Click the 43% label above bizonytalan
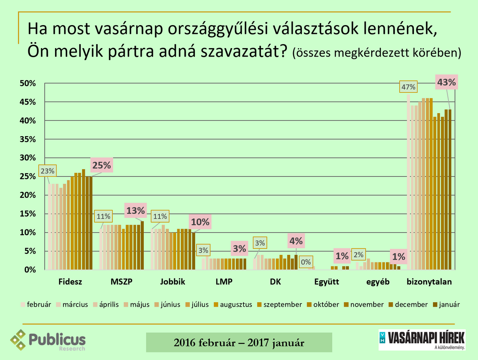pyautogui.click(x=446, y=82)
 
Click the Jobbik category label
pyautogui.click(x=172, y=282)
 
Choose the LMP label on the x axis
pyautogui.click(x=224, y=282)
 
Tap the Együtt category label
pyautogui.click(x=327, y=282)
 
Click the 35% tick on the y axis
pyautogui.click(x=29, y=139)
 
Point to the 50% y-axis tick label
pyautogui.click(x=29, y=84)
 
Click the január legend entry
pyautogui.click(x=448, y=305)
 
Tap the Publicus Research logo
pyautogui.click(x=48, y=340)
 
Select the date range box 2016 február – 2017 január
pyautogui.click(x=239, y=342)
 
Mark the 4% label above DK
pyautogui.click(x=296, y=241)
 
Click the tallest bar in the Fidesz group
pyautogui.click(x=84, y=219)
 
